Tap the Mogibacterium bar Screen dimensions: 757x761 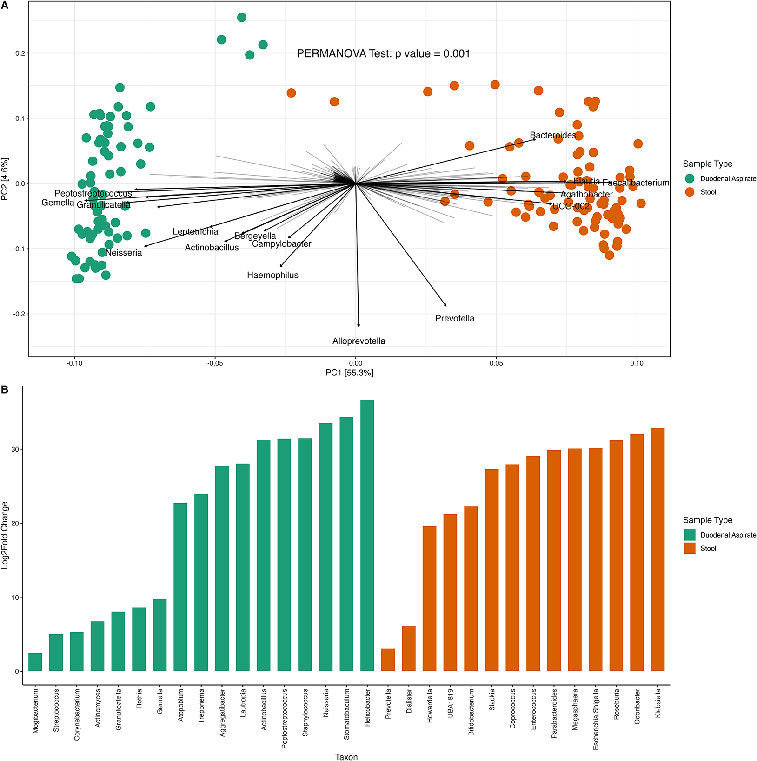(35, 662)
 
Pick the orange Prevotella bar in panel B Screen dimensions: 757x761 (388, 660)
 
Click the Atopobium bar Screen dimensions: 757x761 (180, 587)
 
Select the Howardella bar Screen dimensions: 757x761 (429, 598)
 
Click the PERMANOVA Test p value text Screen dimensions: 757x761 (383, 54)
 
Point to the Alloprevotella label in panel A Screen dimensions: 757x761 (359, 341)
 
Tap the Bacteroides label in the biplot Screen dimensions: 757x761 (553, 135)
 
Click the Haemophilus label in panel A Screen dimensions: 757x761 (272, 275)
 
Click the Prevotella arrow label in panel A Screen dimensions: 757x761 (455, 318)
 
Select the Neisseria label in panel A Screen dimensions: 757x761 (124, 253)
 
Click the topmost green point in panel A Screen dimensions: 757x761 (242, 18)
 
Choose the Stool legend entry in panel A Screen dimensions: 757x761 (708, 192)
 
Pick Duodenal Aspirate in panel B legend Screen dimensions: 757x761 (728, 535)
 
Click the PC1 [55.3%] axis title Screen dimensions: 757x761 (349, 373)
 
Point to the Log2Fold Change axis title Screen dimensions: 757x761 (5, 535)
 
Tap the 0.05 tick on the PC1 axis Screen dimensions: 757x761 (496, 363)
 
